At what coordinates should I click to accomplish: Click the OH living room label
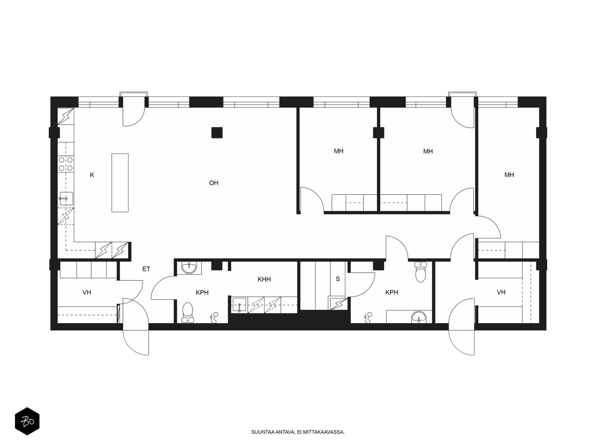pyautogui.click(x=214, y=183)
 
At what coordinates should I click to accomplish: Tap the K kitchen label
pyautogui.click(x=92, y=175)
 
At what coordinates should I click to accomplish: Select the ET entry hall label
pyautogui.click(x=146, y=269)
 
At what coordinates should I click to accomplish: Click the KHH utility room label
pyautogui.click(x=264, y=279)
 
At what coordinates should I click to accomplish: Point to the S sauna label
pyautogui.click(x=338, y=279)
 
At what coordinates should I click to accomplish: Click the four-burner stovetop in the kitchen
pyautogui.click(x=66, y=164)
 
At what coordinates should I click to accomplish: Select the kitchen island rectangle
pyautogui.click(x=120, y=183)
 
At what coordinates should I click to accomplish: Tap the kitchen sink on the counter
pyautogui.click(x=66, y=199)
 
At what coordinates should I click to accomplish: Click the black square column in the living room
pyautogui.click(x=217, y=133)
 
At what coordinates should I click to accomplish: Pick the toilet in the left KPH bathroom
pyautogui.click(x=188, y=313)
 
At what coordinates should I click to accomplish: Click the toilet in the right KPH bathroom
pyautogui.click(x=420, y=272)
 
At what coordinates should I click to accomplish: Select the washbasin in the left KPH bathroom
pyautogui.click(x=189, y=267)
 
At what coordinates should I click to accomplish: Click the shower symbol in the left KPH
pyautogui.click(x=214, y=317)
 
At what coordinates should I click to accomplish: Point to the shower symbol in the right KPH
pyautogui.click(x=368, y=317)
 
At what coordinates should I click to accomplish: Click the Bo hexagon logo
pyautogui.click(x=27, y=421)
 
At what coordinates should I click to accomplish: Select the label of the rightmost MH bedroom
pyautogui.click(x=509, y=175)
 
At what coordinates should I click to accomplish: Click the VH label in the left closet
pyautogui.click(x=87, y=292)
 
